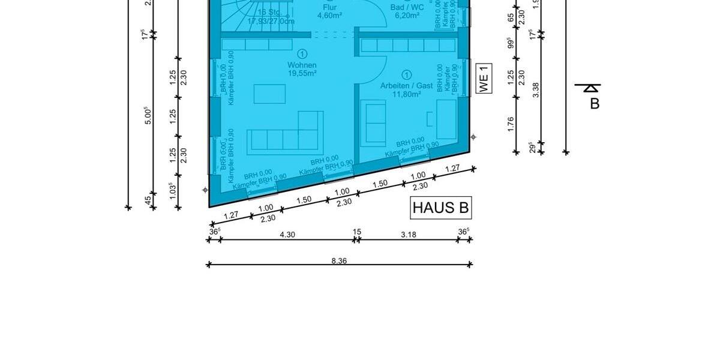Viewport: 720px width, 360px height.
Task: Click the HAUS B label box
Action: pos(441,208)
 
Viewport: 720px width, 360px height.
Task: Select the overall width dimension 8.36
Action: pos(339,260)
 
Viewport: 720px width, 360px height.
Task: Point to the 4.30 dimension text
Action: pos(288,235)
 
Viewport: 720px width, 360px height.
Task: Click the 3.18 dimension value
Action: pos(408,235)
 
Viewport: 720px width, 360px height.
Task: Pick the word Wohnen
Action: pos(302,65)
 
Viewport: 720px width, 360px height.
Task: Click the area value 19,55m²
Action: pos(302,73)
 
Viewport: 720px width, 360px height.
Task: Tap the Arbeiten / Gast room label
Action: pos(406,85)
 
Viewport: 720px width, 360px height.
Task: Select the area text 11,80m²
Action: pos(406,94)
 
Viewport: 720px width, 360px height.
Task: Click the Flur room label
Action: pos(329,7)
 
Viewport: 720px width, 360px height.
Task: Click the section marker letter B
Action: pos(595,103)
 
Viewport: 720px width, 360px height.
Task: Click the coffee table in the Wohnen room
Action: pos(269,94)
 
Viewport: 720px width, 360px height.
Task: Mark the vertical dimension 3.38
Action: pos(536,90)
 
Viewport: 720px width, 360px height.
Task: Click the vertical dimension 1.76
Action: pos(511,124)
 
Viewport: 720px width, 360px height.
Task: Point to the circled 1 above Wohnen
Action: pos(302,55)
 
